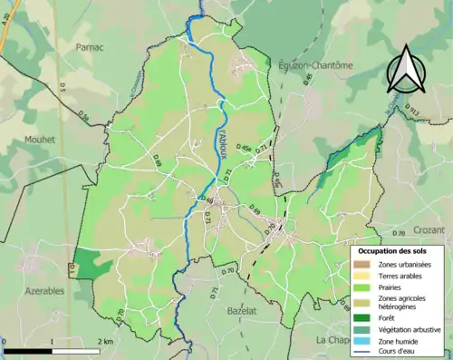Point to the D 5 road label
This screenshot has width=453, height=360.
coord(63,87)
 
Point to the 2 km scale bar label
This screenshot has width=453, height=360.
coord(106,342)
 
